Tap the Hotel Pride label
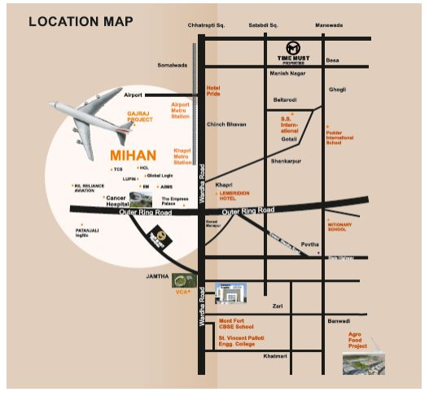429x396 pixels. pos(213,90)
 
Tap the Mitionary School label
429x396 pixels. pos(339,226)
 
